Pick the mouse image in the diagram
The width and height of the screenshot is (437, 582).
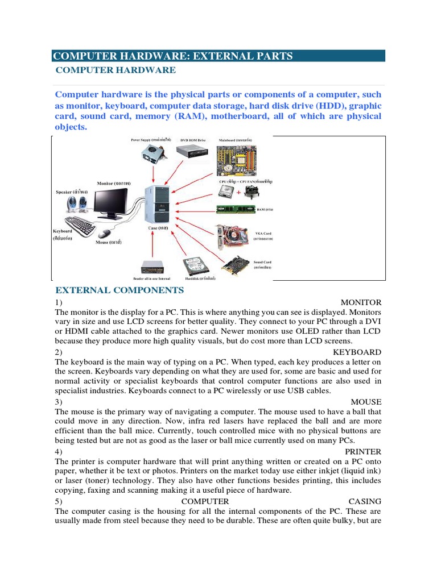click(105, 233)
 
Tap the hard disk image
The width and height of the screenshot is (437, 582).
click(195, 265)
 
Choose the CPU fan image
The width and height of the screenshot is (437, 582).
click(249, 192)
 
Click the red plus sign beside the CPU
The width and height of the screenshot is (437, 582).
click(238, 193)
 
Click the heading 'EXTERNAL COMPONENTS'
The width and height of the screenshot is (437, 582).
click(119, 290)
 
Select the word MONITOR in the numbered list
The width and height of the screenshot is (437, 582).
click(361, 302)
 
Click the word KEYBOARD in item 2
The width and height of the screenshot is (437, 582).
click(357, 352)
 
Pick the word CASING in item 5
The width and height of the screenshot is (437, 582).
click(365, 501)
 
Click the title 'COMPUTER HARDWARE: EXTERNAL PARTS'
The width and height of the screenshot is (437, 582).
click(173, 56)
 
